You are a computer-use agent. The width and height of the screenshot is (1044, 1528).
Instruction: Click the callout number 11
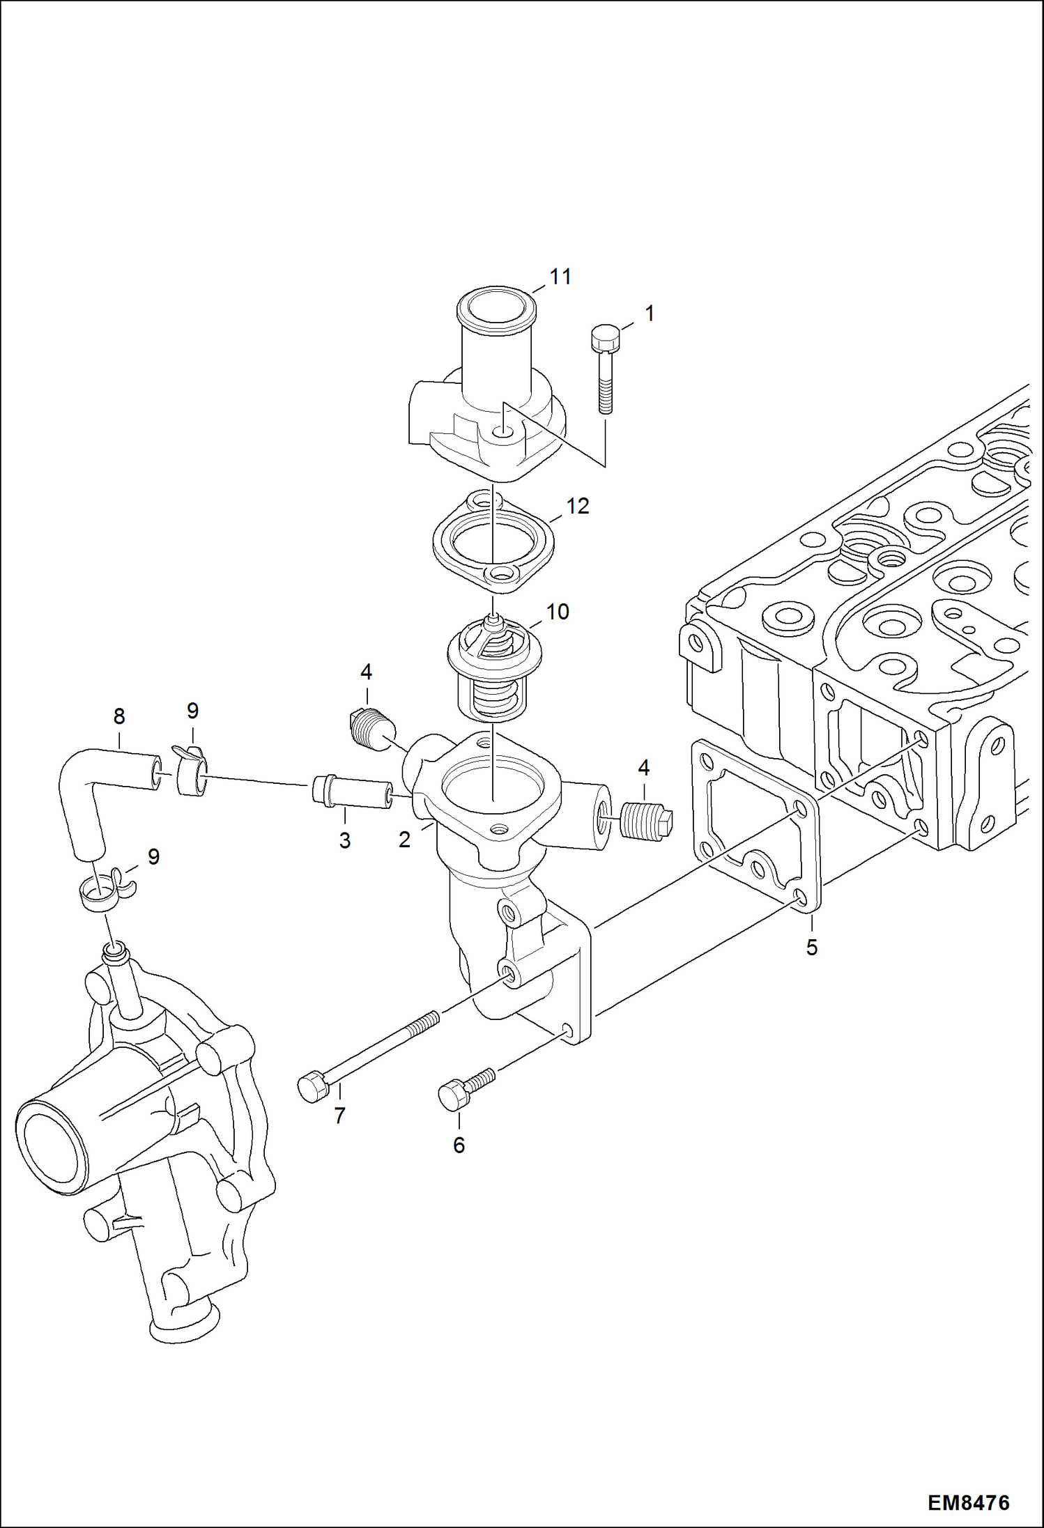point(560,277)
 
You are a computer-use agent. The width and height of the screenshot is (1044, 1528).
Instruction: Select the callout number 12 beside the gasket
point(578,506)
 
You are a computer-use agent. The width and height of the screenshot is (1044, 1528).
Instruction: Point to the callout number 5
point(812,947)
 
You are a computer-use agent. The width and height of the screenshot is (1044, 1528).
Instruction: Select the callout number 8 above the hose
point(119,716)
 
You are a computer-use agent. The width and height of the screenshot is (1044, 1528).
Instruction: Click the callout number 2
point(404,840)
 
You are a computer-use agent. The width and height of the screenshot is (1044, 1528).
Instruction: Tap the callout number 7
point(339,1116)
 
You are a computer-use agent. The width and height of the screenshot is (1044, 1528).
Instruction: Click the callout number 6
point(459,1145)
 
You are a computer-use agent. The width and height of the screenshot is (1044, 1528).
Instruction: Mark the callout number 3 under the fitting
point(345,840)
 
